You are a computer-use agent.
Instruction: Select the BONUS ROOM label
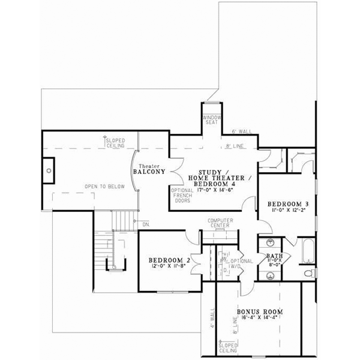(260, 312)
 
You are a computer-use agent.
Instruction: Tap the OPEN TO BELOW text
(104, 187)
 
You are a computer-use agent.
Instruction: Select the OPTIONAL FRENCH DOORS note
(182, 196)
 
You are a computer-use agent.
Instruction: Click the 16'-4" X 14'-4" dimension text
(260, 320)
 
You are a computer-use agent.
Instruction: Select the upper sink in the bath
(269, 244)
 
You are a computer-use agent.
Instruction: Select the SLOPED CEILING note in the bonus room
(229, 348)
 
